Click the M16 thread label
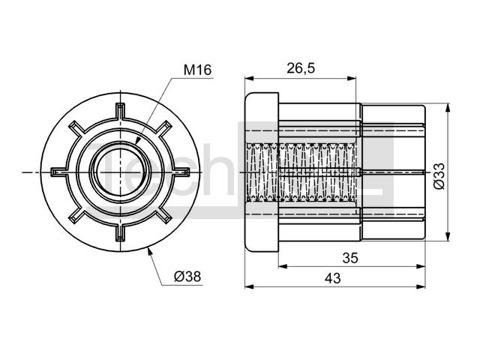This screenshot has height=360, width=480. tap(197, 70)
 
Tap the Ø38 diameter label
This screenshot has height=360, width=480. tap(187, 277)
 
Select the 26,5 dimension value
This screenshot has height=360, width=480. tap(301, 68)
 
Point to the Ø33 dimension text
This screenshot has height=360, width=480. tap(439, 176)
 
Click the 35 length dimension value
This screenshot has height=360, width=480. tap(350, 258)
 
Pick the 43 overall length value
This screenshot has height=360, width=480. tap(333, 278)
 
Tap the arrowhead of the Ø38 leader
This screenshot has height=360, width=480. tap(149, 252)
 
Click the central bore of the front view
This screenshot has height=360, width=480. tap(121, 172)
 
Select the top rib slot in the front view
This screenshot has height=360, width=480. tap(120, 110)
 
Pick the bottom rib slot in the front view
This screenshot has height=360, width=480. tap(121, 234)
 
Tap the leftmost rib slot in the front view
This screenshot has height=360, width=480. tap(58, 172)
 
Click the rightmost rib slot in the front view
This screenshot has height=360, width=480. tap(182, 172)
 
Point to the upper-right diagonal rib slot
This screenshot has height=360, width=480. tap(165, 128)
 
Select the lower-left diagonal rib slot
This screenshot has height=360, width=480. tap(76, 216)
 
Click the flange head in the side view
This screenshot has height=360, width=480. tap(262, 172)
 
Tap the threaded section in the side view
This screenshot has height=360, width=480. tap(301, 172)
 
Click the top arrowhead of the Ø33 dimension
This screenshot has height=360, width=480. tap(448, 108)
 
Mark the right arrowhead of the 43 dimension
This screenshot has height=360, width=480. tap(421, 286)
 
